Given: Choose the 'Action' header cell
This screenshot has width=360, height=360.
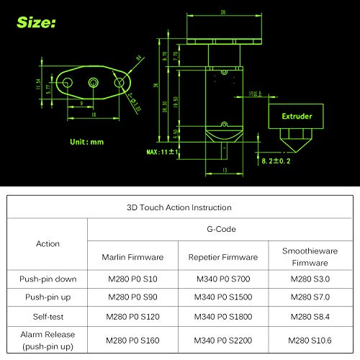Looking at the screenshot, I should click(48, 243).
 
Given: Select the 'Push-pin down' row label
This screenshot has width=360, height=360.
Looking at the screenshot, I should click(48, 278).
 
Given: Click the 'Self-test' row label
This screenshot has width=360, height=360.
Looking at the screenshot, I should click(48, 316).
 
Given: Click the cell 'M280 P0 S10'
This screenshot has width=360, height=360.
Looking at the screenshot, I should click(131, 278).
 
